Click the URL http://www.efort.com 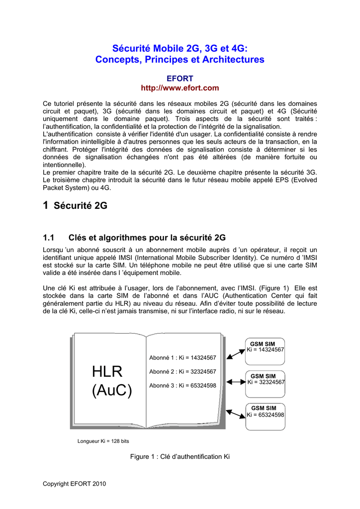180,88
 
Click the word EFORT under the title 180,79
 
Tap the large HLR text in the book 107,371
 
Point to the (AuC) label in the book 112,391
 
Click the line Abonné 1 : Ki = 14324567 182,358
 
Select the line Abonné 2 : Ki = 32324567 182,372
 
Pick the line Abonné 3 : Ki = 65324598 182,386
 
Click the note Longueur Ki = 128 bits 103,441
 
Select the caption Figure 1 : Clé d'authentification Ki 180,456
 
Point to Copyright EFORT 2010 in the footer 75,484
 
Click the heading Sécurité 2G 80,206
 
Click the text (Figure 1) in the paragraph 275,288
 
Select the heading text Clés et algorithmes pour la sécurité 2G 147,238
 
